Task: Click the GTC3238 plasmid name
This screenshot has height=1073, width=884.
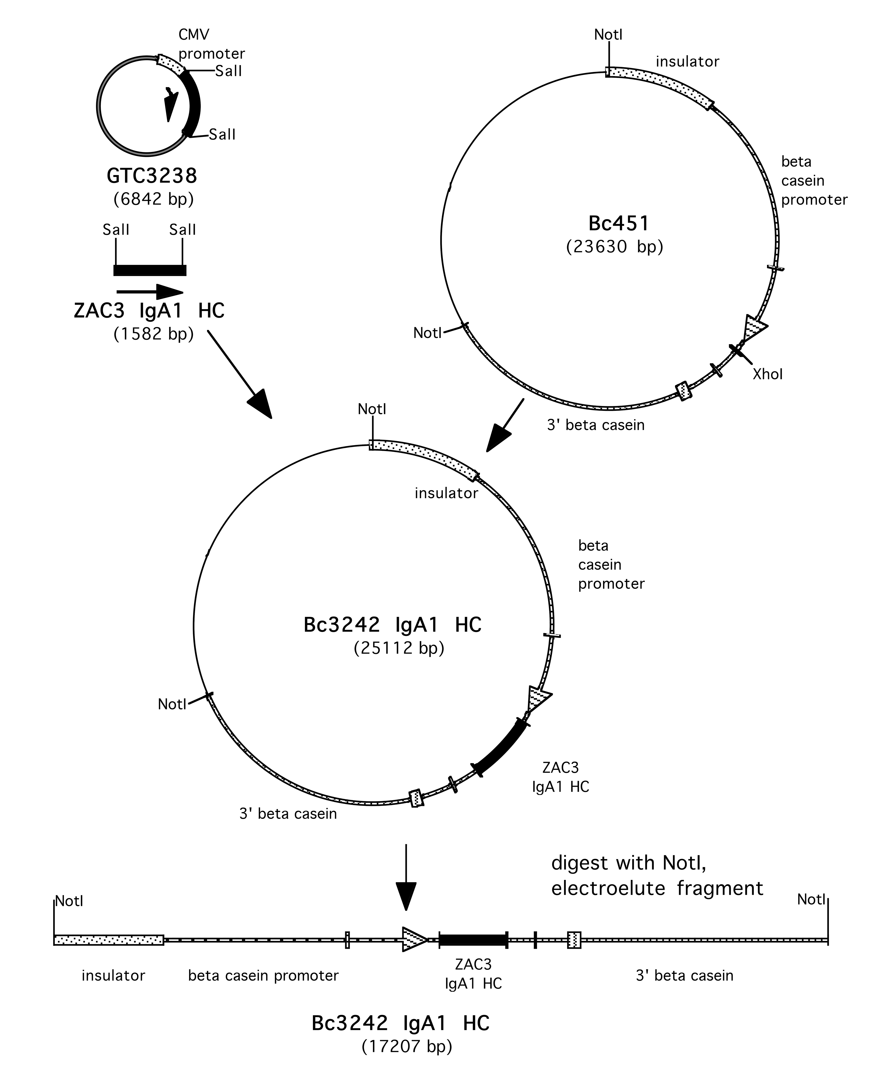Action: [x=152, y=176]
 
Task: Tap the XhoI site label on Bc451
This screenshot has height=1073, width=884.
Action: [x=768, y=375]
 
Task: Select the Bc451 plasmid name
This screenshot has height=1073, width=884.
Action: [x=619, y=223]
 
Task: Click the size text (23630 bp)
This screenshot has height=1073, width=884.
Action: [x=615, y=247]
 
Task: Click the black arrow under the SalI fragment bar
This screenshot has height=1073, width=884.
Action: [x=150, y=292]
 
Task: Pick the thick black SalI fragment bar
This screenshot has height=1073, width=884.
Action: [x=150, y=270]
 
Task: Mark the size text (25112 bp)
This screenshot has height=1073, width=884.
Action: [x=399, y=648]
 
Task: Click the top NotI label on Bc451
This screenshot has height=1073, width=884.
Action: [x=608, y=35]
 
